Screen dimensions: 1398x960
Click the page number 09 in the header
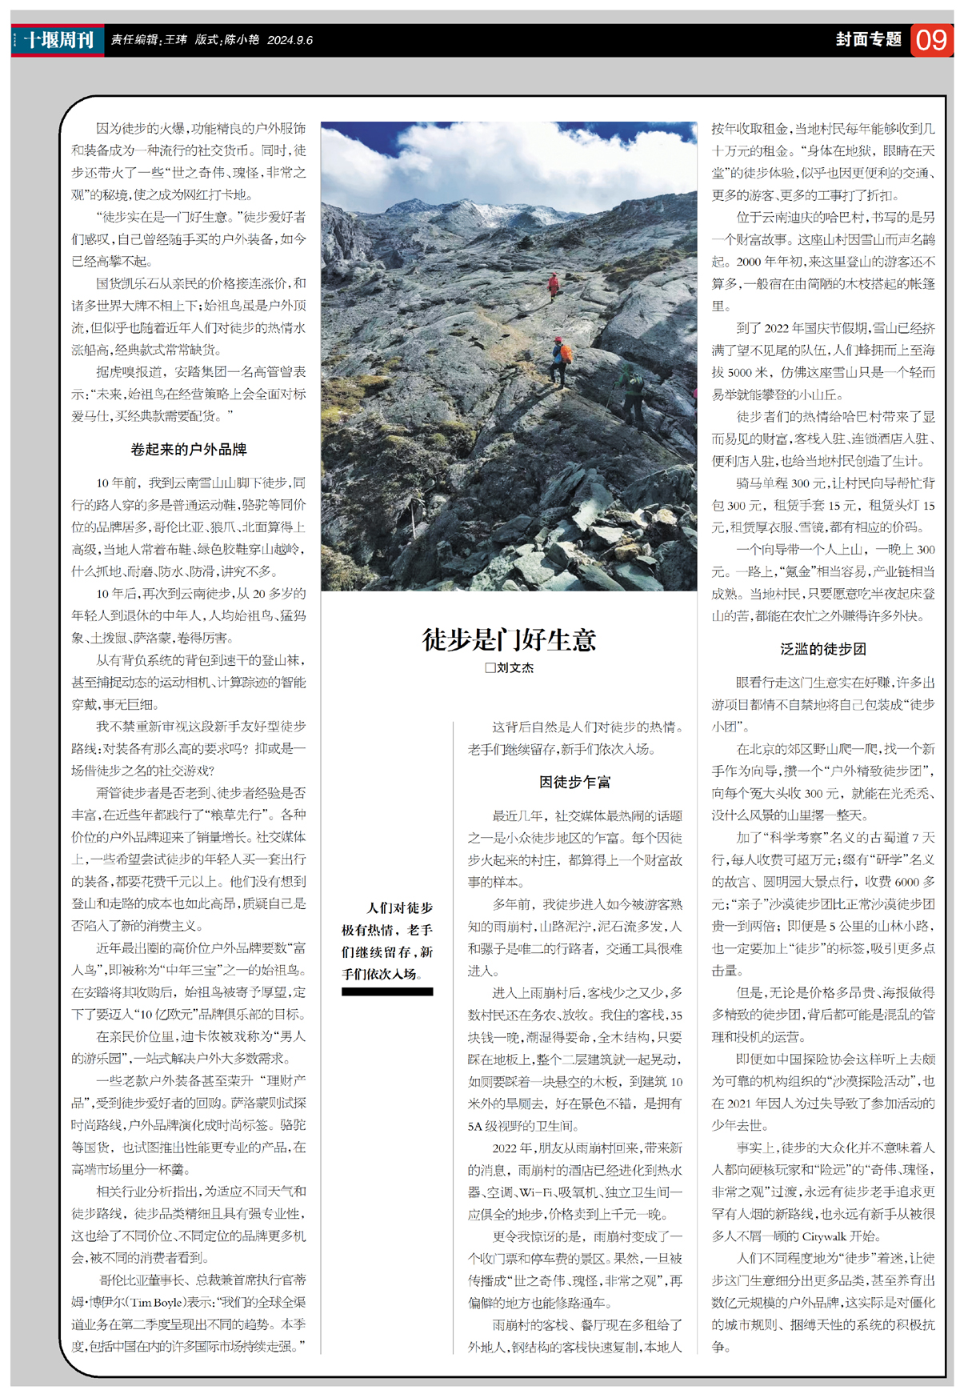(x=931, y=40)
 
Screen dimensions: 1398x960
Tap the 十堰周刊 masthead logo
(x=58, y=40)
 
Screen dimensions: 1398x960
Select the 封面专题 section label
(x=868, y=39)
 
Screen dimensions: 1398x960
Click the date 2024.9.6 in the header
(x=290, y=40)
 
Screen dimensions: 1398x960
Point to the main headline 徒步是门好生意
(x=509, y=639)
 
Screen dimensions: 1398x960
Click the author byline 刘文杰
(x=514, y=667)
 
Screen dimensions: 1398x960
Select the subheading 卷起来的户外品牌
(x=188, y=450)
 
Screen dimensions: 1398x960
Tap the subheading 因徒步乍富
(x=574, y=782)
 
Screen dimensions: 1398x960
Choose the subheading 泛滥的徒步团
(x=822, y=649)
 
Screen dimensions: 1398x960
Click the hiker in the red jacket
(x=553, y=284)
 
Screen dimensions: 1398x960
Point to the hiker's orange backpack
(x=566, y=353)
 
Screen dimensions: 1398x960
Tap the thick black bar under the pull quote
(x=387, y=991)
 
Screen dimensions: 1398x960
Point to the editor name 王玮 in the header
(x=175, y=40)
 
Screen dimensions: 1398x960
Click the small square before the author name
(x=490, y=667)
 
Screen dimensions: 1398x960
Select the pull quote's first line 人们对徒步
(x=399, y=907)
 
